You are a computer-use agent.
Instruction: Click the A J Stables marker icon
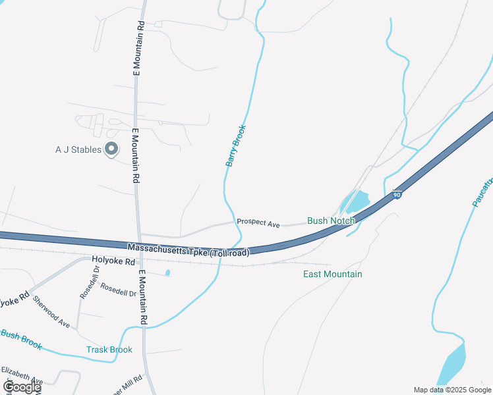[x=111, y=149]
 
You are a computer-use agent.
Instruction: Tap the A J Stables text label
[x=78, y=149]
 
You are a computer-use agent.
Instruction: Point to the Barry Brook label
[x=236, y=145]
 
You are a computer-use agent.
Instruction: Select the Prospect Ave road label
[x=258, y=223]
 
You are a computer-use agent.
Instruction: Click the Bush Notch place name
[x=331, y=221]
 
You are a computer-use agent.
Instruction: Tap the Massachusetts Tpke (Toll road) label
[x=188, y=250]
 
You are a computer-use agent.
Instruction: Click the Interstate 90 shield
[x=396, y=196]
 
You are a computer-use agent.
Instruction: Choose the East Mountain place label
[x=332, y=274]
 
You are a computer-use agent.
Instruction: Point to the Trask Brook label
[x=109, y=350]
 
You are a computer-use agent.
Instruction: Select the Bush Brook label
[x=21, y=340]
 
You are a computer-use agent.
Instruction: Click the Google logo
[x=22, y=387]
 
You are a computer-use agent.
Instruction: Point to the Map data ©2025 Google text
[x=452, y=390]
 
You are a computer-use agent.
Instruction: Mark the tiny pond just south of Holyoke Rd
[x=167, y=273]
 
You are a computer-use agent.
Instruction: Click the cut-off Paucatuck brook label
[x=482, y=192]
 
